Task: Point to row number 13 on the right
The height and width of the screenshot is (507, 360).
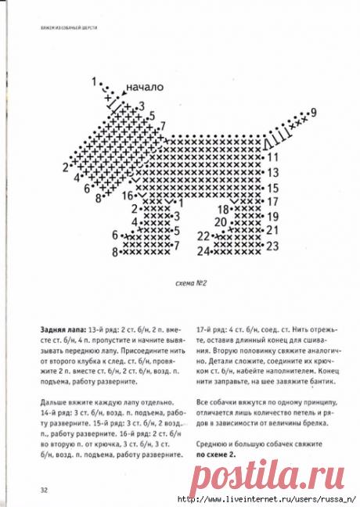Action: (273, 171)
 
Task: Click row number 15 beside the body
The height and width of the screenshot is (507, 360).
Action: (273, 188)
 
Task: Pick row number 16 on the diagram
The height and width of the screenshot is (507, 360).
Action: (127, 198)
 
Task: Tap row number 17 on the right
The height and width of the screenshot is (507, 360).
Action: (273, 201)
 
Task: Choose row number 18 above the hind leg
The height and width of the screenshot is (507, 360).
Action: (222, 209)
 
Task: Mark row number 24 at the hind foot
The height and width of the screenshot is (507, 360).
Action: (203, 251)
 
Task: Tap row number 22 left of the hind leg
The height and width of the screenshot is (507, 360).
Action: (203, 236)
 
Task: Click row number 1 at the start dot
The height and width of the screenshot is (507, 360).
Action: (94, 81)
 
